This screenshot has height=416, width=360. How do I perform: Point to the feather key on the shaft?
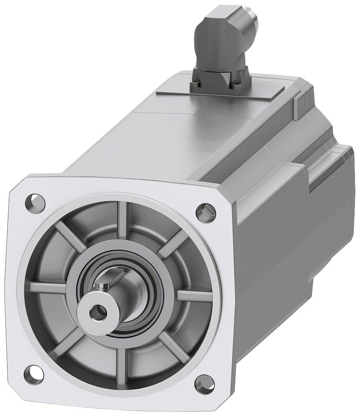point(104,286)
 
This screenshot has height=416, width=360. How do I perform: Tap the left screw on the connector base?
point(196,85)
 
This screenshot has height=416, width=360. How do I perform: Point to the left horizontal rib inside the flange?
point(48,287)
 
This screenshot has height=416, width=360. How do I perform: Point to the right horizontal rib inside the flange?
point(194,296)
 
